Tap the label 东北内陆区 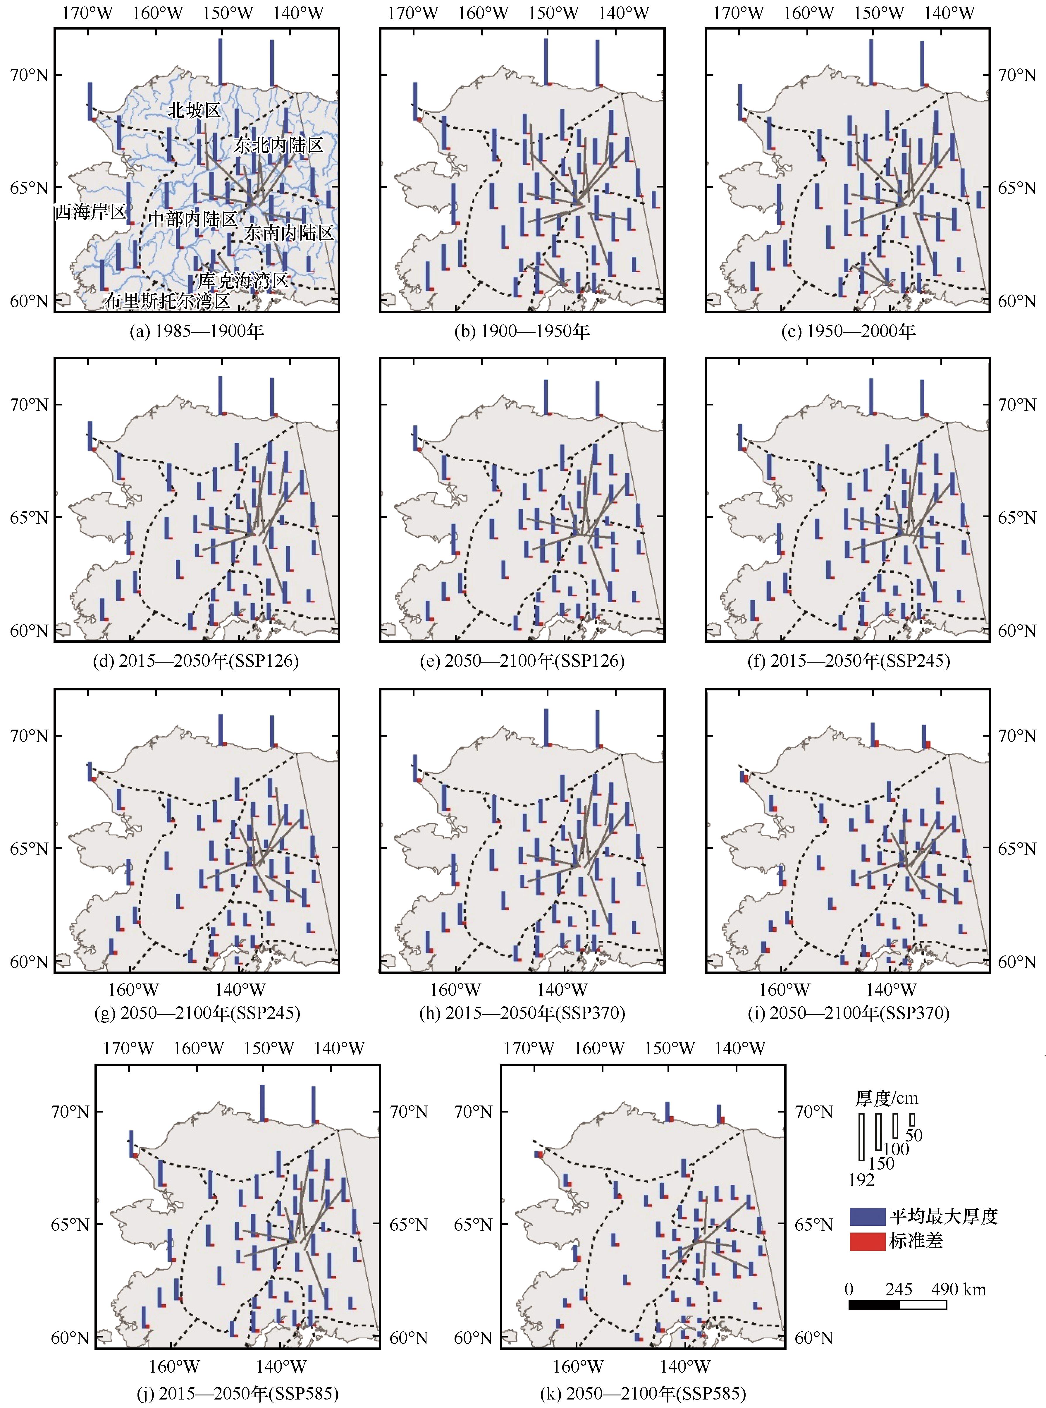tap(278, 146)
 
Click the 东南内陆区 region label tap(289, 233)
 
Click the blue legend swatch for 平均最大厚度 tap(867, 1216)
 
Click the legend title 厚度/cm tap(887, 1098)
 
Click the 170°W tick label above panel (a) tap(87, 13)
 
